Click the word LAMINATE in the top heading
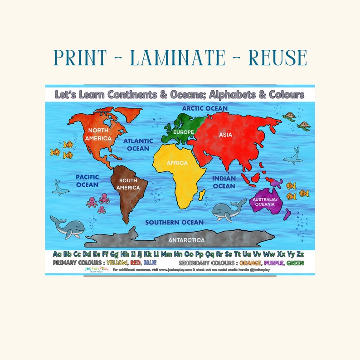(x=177, y=58)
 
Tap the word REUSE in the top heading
(x=272, y=58)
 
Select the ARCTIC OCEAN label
(x=205, y=108)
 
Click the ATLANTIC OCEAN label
(x=138, y=145)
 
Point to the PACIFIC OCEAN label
(x=87, y=180)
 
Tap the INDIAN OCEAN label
(x=224, y=182)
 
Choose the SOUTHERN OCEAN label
(x=174, y=222)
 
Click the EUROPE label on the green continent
(x=183, y=132)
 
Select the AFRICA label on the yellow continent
(x=177, y=163)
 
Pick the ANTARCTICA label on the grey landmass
(x=186, y=240)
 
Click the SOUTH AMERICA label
(x=128, y=184)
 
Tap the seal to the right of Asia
(x=292, y=157)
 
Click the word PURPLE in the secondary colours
(x=273, y=263)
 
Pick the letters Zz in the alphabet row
(x=299, y=253)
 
